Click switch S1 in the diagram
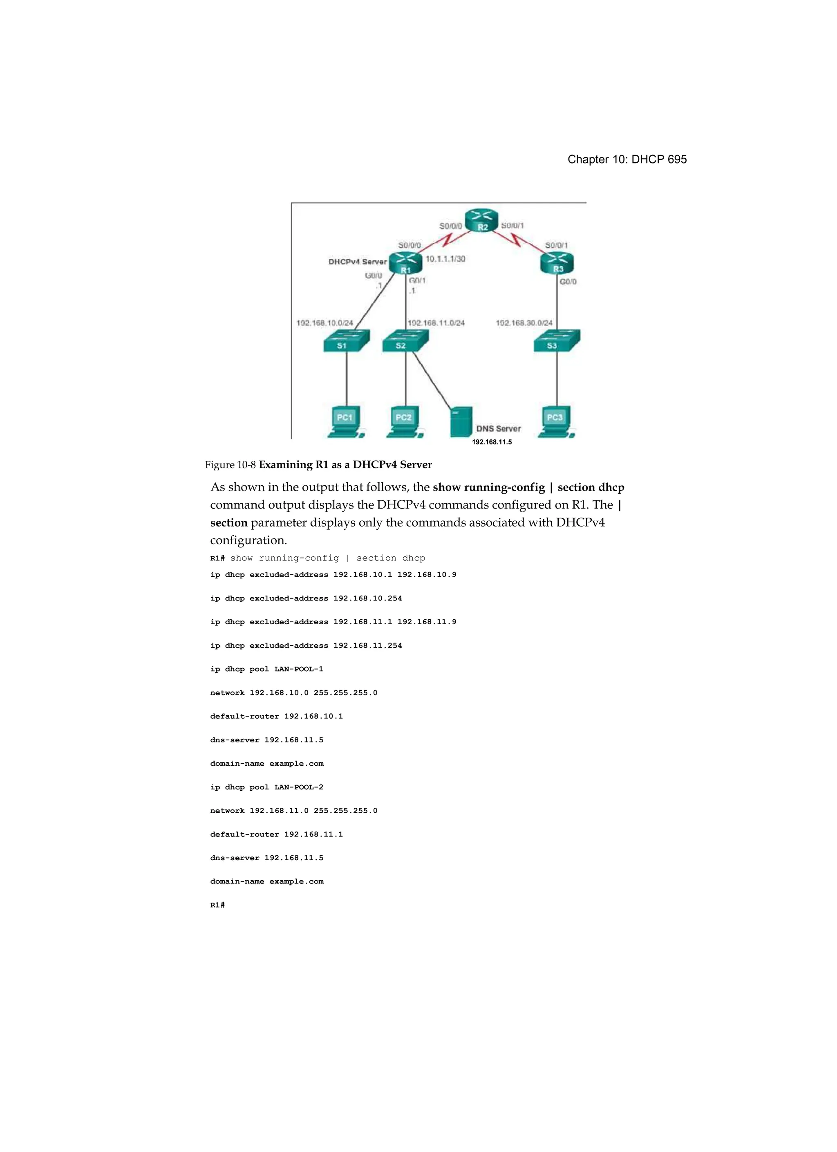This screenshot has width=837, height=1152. tap(346, 341)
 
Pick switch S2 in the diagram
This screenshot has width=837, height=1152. tap(405, 341)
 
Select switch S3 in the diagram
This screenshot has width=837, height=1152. tap(556, 341)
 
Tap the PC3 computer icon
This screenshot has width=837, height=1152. tap(556, 421)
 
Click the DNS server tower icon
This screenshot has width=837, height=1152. tap(461, 421)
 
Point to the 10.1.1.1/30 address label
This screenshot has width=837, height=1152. tap(445, 259)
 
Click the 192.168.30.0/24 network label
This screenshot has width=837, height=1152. tap(524, 323)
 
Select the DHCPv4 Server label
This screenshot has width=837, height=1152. tap(357, 262)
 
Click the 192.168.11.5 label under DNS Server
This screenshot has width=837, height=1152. tap(492, 442)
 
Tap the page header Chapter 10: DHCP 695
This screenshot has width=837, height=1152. tap(627, 159)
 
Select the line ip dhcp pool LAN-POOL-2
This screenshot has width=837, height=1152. tap(266, 787)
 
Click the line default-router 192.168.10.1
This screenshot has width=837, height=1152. tap(276, 716)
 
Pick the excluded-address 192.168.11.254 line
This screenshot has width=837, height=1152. tap(306, 645)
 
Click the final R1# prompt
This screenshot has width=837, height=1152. tap(217, 905)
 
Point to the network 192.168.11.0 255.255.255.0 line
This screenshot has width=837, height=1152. tap(293, 811)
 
